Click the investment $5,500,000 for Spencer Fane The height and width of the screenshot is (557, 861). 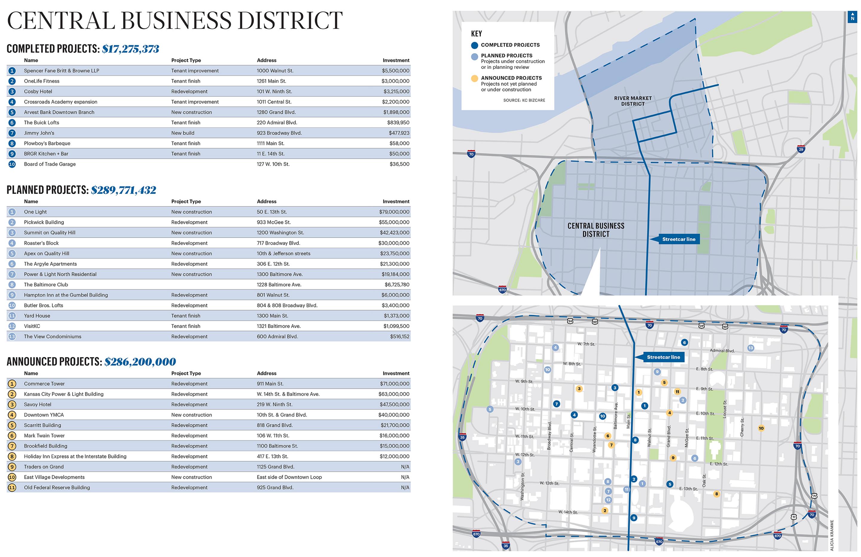pyautogui.click(x=395, y=71)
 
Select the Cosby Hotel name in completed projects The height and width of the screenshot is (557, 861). pyautogui.click(x=38, y=92)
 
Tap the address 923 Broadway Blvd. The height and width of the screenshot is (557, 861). pyautogui.click(x=279, y=133)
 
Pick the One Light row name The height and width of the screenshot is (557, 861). pyautogui.click(x=35, y=212)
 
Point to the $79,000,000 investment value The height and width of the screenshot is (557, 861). pyautogui.click(x=394, y=212)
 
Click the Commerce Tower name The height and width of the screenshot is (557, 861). pyautogui.click(x=44, y=384)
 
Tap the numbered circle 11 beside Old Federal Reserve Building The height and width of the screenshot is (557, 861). pyautogui.click(x=12, y=488)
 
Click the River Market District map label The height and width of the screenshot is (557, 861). pyautogui.click(x=633, y=101)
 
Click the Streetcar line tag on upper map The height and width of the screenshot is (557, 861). pyautogui.click(x=678, y=239)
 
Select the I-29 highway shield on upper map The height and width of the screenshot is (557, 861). pyautogui.click(x=801, y=149)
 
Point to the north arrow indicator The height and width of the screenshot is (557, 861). pyautogui.click(x=852, y=17)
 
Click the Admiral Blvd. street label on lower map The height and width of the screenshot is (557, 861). pyautogui.click(x=722, y=351)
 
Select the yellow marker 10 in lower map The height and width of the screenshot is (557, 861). pyautogui.click(x=761, y=428)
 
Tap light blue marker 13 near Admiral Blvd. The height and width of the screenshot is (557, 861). pyautogui.click(x=751, y=348)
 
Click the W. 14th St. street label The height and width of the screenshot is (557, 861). pyautogui.click(x=568, y=512)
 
